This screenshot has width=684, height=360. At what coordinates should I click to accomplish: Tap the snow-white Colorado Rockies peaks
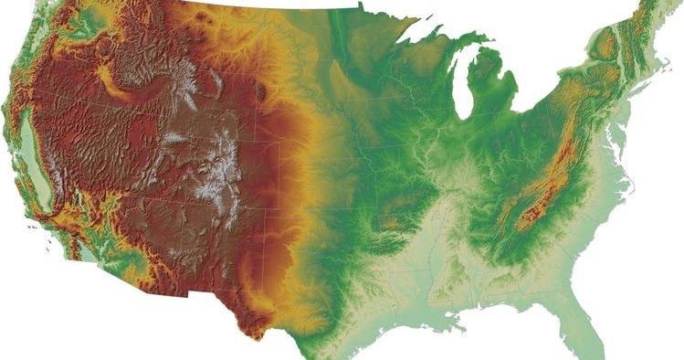pos(219,169)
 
